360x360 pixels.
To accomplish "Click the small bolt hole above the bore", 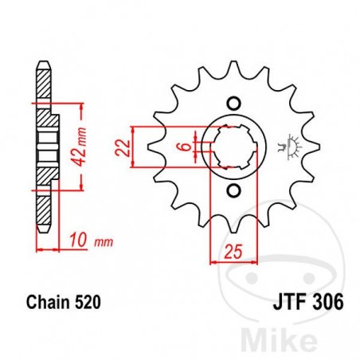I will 234,101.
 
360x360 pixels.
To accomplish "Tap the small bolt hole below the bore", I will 234,190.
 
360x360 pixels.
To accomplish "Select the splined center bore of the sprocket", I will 234,146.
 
